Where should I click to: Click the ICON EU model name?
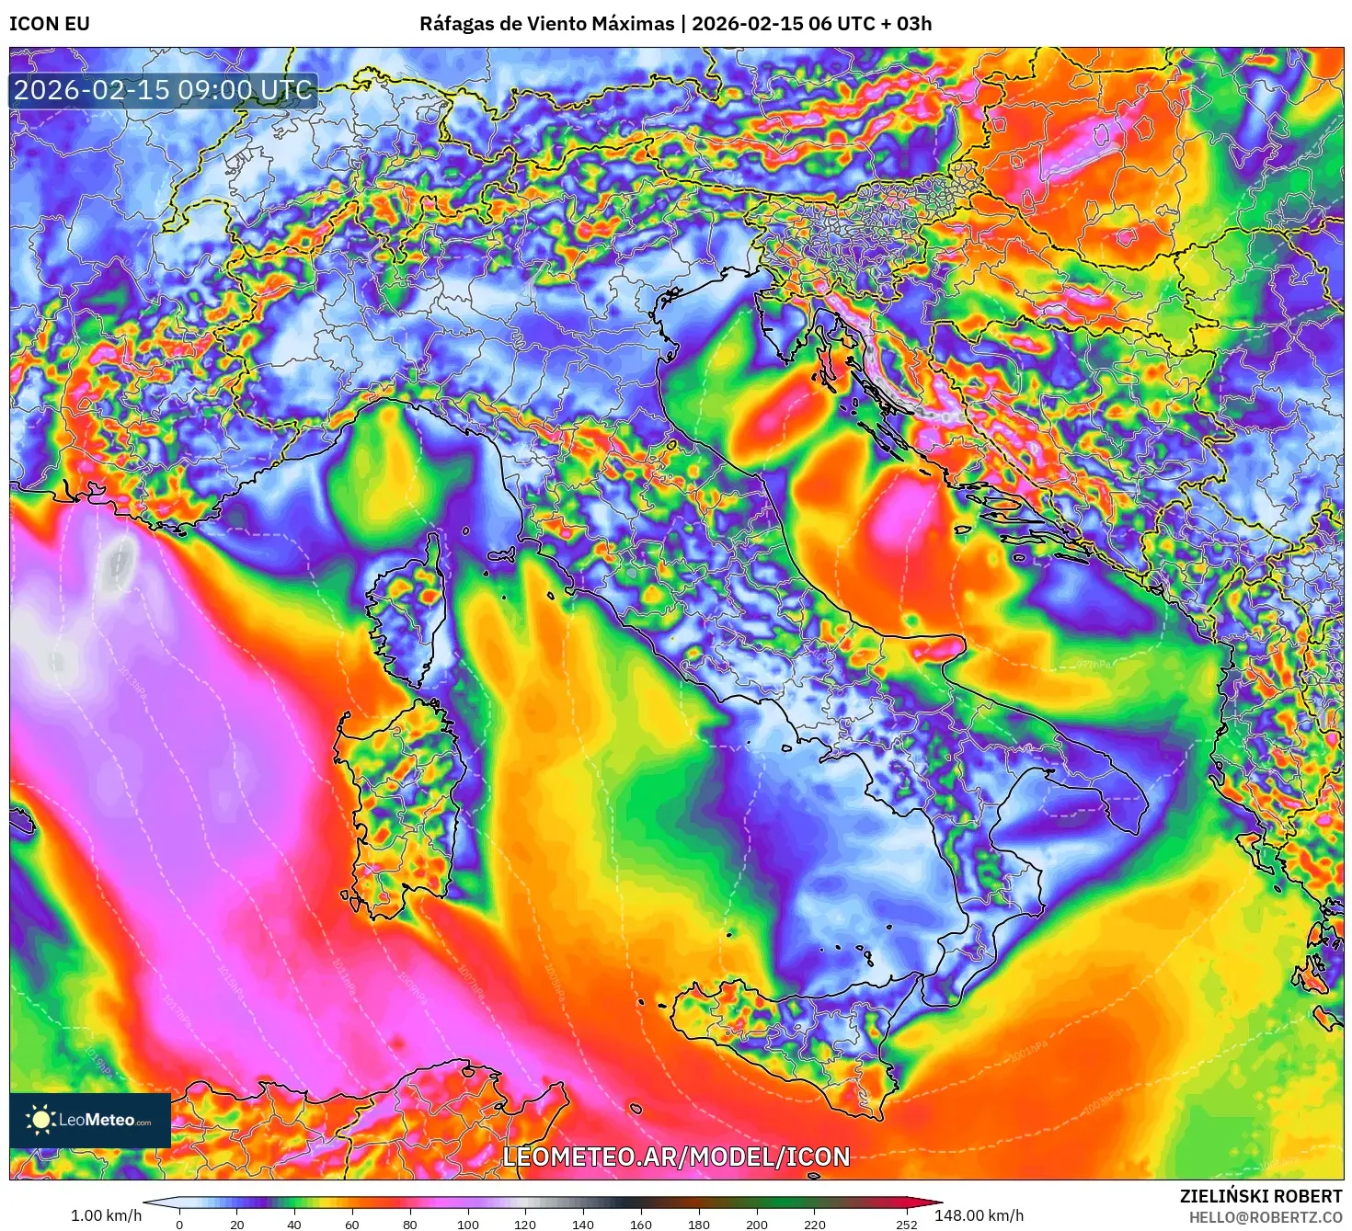tap(50, 24)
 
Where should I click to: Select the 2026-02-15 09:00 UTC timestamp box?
tap(163, 90)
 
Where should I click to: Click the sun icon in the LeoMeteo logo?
tap(40, 1119)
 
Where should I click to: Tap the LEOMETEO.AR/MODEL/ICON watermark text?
tap(676, 1157)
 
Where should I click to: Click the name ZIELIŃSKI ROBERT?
tap(1261, 1196)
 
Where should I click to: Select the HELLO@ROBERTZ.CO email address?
tap(1266, 1217)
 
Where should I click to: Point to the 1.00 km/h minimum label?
tap(107, 1215)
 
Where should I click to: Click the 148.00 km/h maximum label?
tap(979, 1215)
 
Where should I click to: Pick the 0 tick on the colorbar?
tap(179, 1224)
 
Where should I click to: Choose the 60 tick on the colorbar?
tap(352, 1224)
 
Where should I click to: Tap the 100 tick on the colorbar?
tap(468, 1224)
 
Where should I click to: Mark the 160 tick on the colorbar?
tap(641, 1224)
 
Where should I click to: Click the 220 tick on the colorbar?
tap(814, 1224)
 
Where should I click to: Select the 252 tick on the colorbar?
tap(907, 1224)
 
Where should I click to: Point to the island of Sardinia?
tap(395, 800)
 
